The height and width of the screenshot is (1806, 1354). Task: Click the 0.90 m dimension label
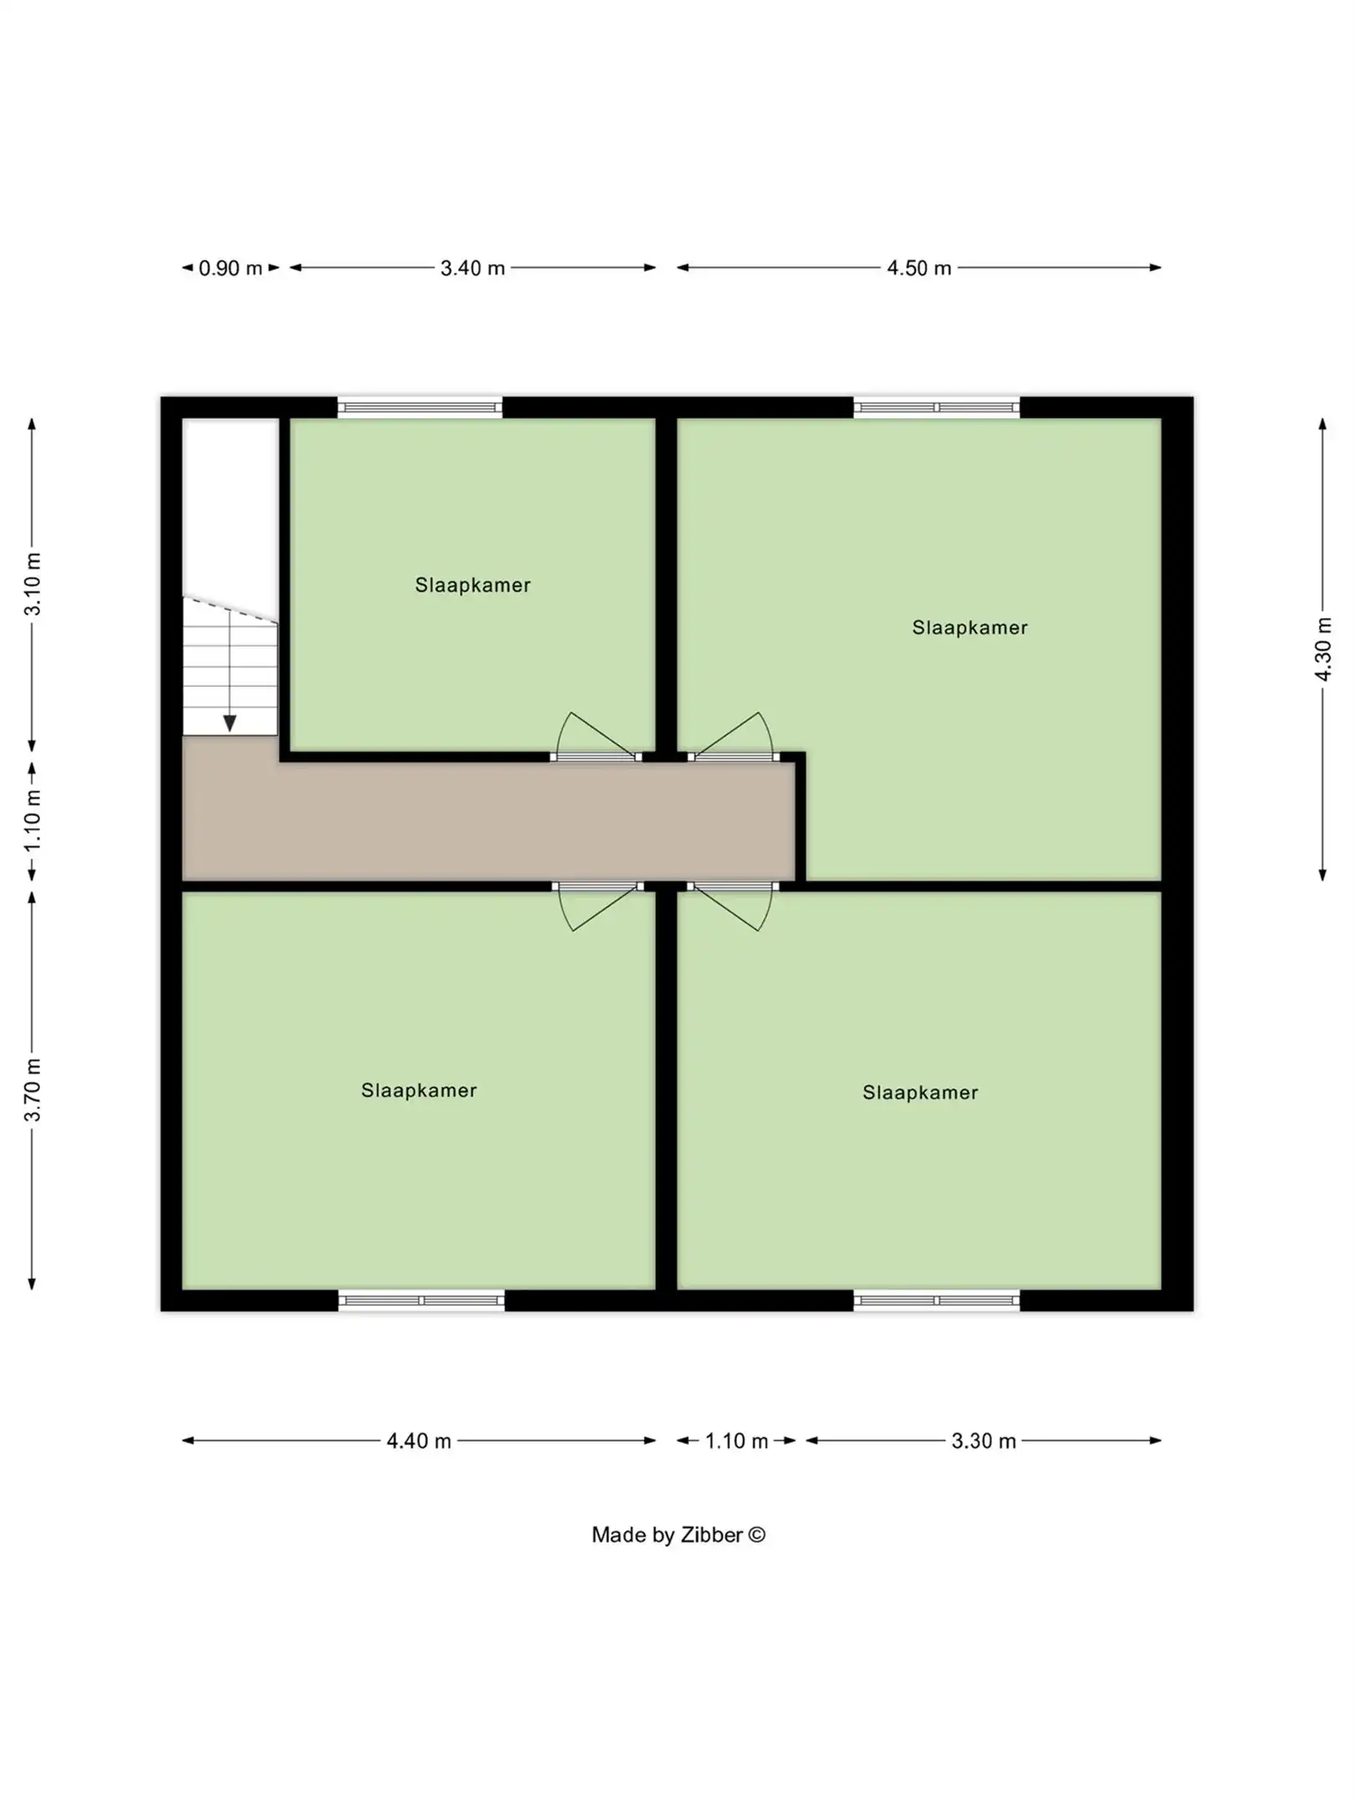coord(230,268)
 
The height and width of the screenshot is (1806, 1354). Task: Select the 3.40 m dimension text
coord(472,268)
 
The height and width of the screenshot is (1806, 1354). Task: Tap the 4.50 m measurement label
coord(919,268)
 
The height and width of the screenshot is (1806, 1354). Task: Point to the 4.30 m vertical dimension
coord(1323,649)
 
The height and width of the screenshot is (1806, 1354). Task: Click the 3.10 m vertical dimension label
coord(33,584)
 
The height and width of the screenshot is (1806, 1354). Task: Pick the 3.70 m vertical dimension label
coord(33,1089)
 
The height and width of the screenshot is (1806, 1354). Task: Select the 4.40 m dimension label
coord(419,1441)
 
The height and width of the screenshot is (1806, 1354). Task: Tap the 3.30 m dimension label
coord(984,1441)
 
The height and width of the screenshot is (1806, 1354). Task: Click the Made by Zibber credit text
coord(678,1534)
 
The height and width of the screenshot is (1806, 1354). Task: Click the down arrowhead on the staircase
coord(230,723)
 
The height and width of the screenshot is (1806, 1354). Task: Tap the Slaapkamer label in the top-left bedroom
coord(472,585)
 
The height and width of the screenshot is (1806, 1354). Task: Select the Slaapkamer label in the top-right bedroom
coord(970,628)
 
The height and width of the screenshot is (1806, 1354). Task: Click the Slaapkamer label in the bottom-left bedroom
coord(419,1090)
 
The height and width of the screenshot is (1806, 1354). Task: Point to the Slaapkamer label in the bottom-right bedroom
coord(920,1093)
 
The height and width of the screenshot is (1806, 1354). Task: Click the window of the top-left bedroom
coord(420,408)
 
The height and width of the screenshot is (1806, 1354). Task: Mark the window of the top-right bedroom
coord(936,408)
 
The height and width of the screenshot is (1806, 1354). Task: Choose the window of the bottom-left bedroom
coord(421,1300)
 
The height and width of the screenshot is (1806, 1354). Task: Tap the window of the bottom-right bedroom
coord(936,1300)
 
